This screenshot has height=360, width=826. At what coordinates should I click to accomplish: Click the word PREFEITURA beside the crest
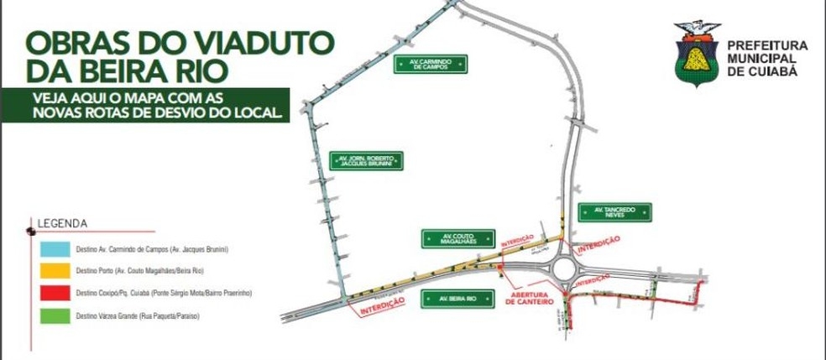tap(766, 44)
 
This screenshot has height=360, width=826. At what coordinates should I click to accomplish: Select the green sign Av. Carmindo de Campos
tap(430, 65)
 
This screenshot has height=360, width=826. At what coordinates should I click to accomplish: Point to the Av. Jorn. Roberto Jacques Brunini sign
tap(366, 160)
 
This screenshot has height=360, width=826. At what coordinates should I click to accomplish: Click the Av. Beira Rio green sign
tap(453, 298)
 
